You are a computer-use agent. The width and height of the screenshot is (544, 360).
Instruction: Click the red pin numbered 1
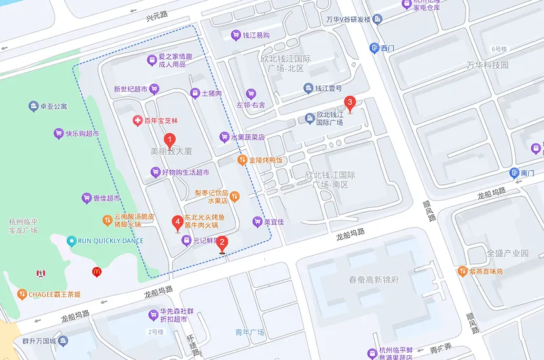(x=169, y=140)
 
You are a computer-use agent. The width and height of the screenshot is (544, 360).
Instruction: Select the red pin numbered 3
(x=350, y=103)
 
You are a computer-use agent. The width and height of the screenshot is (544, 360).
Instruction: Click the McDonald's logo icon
(x=96, y=271)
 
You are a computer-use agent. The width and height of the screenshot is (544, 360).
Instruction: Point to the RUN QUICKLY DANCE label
(x=110, y=241)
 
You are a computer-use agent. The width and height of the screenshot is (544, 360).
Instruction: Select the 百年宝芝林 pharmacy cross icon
(x=137, y=121)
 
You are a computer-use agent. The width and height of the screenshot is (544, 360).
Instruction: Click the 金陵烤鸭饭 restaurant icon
(x=242, y=160)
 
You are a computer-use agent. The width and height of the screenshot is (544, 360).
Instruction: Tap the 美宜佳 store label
(x=273, y=222)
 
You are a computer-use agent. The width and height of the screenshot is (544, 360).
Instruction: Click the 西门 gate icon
(x=374, y=47)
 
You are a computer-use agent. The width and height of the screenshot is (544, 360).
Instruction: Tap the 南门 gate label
(x=528, y=173)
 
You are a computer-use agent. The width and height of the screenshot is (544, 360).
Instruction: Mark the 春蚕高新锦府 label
(x=374, y=280)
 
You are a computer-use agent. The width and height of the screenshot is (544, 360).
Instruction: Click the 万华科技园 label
(x=488, y=65)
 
